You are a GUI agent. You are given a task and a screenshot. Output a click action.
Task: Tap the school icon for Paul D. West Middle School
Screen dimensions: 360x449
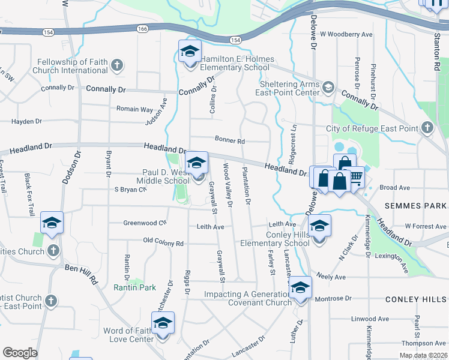pos(196,163)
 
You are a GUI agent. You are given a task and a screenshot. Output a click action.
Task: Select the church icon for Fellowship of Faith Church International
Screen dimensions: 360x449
pos(117,64)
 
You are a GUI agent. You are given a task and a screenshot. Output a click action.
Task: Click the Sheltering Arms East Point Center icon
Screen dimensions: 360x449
pos(328,88)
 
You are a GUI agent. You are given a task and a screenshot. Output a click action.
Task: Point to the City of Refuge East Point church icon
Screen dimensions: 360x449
pos(427,128)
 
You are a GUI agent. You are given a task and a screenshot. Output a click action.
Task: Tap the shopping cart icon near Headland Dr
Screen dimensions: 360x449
pos(356,176)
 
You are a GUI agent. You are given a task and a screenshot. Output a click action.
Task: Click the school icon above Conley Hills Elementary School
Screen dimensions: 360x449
pos(320,226)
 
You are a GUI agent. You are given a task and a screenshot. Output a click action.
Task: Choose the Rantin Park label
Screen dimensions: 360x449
pos(135,287)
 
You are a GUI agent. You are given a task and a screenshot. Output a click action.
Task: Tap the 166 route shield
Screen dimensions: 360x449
pos(142,28)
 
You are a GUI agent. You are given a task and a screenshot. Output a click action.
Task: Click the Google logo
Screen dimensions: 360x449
pos(20,352)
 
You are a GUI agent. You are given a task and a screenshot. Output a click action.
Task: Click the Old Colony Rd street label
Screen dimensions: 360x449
pos(163,243)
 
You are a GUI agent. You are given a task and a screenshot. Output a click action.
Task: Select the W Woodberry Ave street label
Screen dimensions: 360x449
pos(346,35)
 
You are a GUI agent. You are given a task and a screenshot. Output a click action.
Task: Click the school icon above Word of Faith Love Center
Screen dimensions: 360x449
pos(163,323)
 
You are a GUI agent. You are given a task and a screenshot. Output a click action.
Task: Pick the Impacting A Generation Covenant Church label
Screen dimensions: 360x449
pos(247,298)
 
